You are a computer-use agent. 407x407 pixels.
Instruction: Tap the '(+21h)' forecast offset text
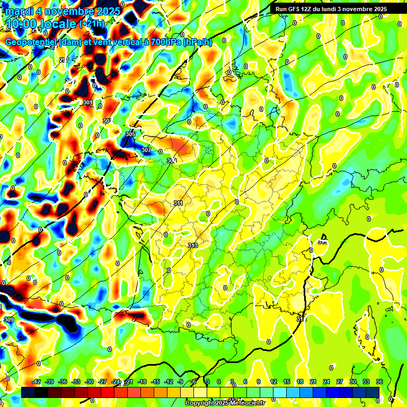tap(92, 23)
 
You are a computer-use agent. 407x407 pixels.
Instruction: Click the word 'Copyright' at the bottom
tap(200, 403)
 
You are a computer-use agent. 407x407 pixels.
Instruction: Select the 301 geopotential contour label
tap(88, 102)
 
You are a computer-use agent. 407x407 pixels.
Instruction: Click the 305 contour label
tap(130, 134)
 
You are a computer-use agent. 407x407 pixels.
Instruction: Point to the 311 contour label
tap(178, 203)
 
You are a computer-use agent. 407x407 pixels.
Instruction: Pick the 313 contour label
tap(193, 245)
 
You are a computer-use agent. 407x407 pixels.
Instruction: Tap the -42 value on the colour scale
tap(36, 382)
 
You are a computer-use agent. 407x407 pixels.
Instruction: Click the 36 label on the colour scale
tap(379, 382)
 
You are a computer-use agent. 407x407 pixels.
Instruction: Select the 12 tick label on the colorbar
tap(273, 382)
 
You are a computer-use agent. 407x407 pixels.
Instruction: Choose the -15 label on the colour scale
tap(155, 382)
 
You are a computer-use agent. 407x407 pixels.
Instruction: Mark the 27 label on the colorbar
tap(340, 382)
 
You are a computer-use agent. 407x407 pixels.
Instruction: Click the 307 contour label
tap(147, 151)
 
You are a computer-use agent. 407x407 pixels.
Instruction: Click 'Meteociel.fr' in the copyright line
tap(245, 403)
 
